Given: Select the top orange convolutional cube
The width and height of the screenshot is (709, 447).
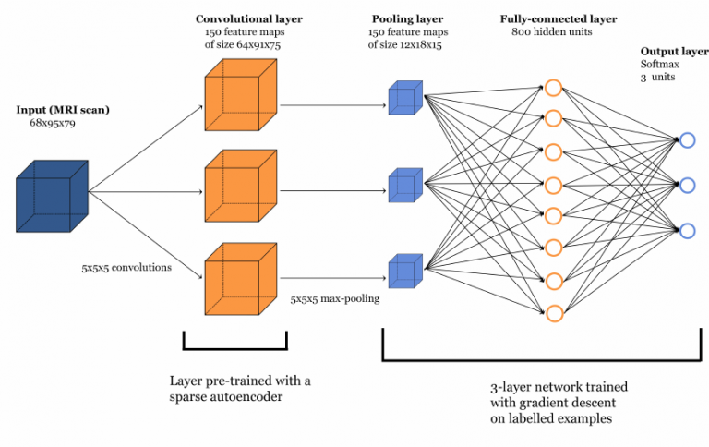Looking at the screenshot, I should (x=240, y=102).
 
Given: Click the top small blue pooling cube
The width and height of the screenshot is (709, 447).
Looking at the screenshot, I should (x=404, y=98).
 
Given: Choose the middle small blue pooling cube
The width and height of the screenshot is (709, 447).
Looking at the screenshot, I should (x=404, y=185).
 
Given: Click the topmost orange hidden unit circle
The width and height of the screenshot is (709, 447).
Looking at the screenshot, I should (x=553, y=88).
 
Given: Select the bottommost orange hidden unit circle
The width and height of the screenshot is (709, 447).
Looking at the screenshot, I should (x=553, y=313).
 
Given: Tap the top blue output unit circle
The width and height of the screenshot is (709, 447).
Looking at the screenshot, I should (x=687, y=140).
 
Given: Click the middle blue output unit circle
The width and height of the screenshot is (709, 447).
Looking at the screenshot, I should (x=687, y=185).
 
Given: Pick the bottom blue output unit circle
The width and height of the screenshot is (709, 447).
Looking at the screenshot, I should (x=687, y=230).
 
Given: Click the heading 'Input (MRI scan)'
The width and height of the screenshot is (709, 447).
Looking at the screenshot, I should (x=63, y=110).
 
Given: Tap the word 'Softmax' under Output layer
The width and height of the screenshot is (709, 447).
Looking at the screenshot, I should (x=659, y=64).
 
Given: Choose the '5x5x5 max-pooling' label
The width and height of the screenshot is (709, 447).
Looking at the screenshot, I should (x=332, y=299).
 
